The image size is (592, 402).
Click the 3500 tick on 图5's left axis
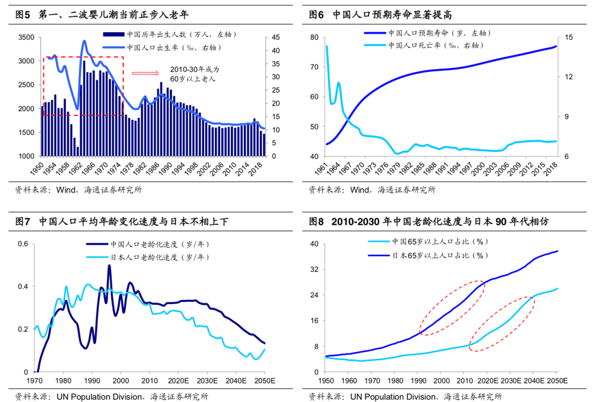tap(23, 38)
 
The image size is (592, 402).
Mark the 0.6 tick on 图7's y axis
tap(22, 244)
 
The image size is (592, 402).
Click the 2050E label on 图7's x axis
tap(263, 381)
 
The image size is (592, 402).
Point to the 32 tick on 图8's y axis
tap(315, 270)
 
